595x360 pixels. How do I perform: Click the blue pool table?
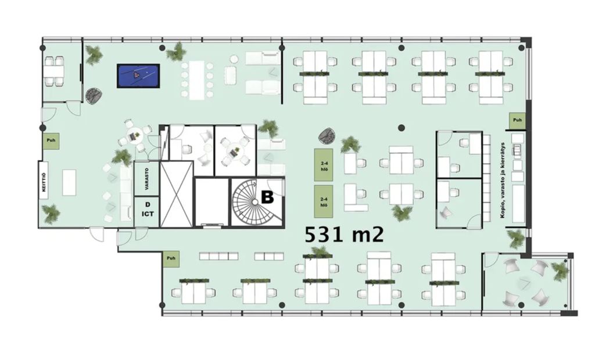point(138,76)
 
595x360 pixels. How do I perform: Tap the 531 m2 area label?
point(344,235)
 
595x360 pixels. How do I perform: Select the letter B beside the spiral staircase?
point(267,197)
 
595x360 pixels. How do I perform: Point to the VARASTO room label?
point(146,179)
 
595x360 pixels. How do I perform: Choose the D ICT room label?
point(148,210)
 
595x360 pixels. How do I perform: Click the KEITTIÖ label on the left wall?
point(44,182)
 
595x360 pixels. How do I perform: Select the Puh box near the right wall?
point(517,120)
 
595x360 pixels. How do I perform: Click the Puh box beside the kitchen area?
point(51,141)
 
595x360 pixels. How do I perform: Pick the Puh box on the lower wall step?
point(171,259)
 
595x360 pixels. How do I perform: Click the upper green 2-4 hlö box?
point(324,165)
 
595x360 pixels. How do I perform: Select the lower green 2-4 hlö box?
point(324,201)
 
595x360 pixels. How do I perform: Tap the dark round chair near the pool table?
point(92,96)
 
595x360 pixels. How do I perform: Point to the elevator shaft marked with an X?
point(177,194)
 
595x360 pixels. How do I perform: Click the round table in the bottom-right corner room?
point(526,282)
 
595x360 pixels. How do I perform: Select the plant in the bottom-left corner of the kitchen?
point(51,214)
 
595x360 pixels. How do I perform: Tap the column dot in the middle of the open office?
point(402,128)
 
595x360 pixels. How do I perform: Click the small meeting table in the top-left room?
point(53,71)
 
